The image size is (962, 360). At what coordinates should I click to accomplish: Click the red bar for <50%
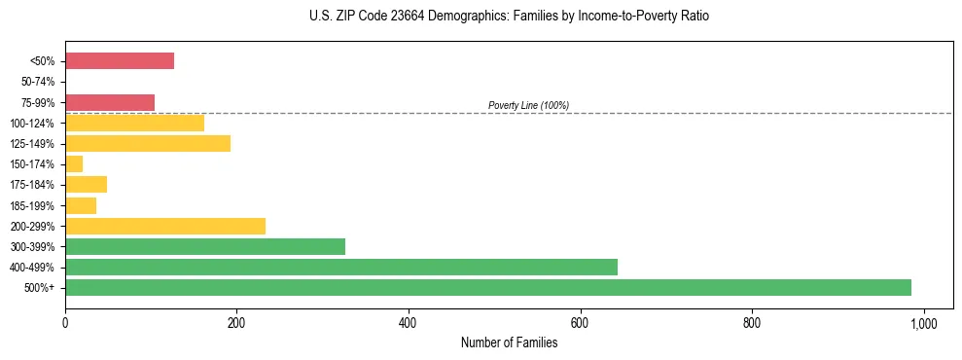click(x=120, y=61)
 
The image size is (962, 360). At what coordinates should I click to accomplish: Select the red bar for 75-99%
click(x=110, y=102)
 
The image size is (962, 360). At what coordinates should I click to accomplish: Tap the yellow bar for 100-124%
click(x=134, y=123)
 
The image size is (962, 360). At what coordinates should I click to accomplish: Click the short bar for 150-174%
click(x=74, y=163)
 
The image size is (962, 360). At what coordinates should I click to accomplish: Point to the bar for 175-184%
click(x=86, y=184)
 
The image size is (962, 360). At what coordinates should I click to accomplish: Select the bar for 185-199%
click(x=81, y=205)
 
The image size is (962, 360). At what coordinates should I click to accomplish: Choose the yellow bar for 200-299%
click(x=165, y=226)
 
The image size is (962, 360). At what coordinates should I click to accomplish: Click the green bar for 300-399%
click(x=205, y=246)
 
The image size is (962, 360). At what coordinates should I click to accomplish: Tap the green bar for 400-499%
click(x=341, y=267)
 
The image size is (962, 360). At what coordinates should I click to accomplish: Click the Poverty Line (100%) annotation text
click(x=528, y=105)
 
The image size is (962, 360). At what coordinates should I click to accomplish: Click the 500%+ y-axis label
click(x=42, y=288)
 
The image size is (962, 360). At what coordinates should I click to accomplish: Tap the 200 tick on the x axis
click(x=236, y=322)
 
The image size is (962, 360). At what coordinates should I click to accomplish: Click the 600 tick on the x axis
click(x=580, y=322)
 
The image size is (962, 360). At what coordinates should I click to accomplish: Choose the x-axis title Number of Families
click(x=509, y=342)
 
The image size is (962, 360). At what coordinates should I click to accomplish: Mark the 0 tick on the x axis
click(x=65, y=322)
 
